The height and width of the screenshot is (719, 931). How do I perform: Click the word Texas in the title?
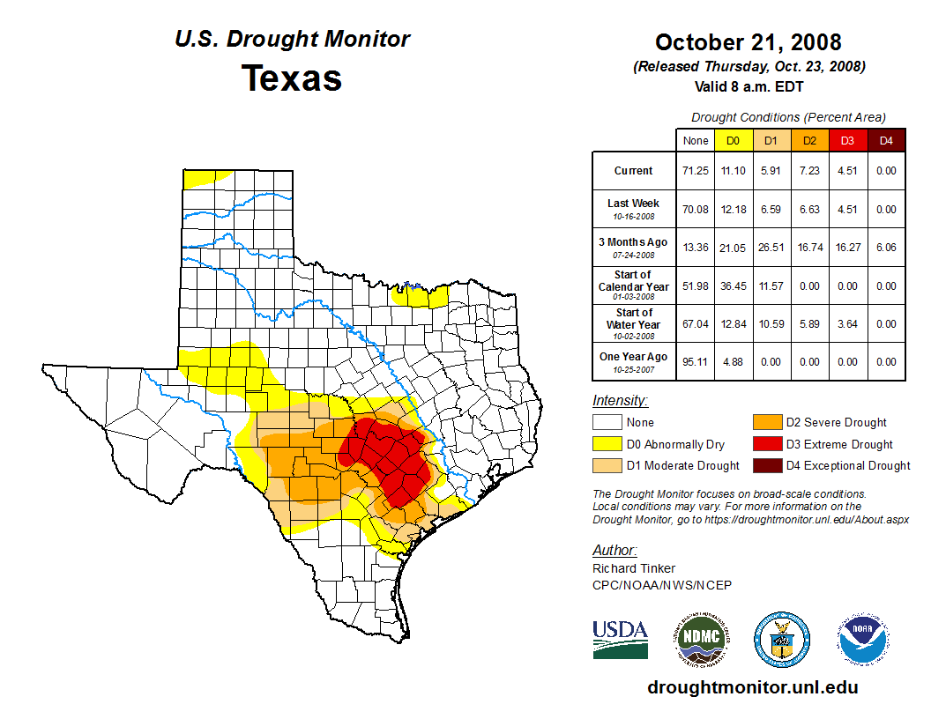292,78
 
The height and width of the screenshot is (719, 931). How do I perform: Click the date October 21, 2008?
749,42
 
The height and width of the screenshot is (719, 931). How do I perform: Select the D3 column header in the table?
846,140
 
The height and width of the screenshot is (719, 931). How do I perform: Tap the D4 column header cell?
886,140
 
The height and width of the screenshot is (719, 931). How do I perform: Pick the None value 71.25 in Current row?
696,171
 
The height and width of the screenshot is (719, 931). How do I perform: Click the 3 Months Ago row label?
634,247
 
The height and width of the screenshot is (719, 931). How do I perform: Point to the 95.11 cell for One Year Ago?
696,361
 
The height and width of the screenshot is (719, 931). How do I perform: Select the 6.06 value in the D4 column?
886,248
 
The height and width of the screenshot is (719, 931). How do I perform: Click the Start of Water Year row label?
634,323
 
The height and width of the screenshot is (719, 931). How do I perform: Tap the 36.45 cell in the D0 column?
733,286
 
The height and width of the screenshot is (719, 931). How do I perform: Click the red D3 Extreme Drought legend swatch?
766,444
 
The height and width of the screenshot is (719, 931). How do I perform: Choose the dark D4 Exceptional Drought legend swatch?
766,465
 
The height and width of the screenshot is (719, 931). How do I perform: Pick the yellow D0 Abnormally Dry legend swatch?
607,444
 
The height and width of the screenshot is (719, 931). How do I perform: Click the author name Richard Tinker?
634,568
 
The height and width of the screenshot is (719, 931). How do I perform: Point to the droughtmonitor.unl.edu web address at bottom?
752,687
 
